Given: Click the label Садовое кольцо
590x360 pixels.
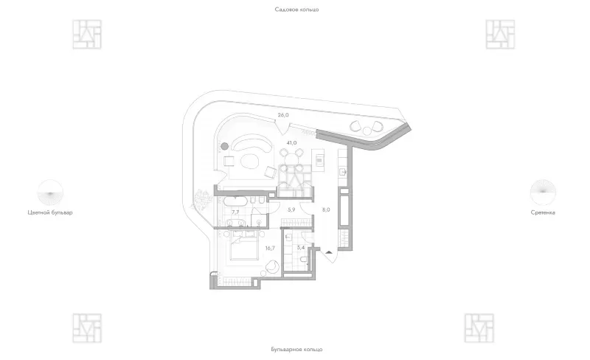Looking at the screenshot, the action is coord(296,10).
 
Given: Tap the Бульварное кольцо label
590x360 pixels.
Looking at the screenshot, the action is coord(296,350).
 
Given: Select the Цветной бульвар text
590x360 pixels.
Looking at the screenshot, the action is coord(50,212).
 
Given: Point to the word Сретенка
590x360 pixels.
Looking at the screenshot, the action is coord(543,212).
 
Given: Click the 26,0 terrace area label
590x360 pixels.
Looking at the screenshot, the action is coord(283,115).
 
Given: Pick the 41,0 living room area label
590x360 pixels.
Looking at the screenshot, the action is coord(291,143).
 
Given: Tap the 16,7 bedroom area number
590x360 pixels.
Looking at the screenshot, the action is coord(270,248).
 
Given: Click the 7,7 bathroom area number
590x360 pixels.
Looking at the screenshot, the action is coord(235,212).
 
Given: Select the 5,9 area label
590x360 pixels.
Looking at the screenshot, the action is coord(291,210).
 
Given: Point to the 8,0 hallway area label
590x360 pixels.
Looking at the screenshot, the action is coord(326,210).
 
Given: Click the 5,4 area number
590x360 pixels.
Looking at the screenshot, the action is coord(300,248).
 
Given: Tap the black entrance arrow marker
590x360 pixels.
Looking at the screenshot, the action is coord(329,252).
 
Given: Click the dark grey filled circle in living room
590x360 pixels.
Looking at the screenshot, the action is coord(225,146).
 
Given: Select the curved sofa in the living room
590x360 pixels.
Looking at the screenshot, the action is coord(252,143).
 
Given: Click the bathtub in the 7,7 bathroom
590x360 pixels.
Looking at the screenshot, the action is coord(235,201).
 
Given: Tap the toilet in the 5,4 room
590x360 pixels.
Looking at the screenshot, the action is coord(304,260).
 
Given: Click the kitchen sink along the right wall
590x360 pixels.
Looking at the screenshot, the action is coord(343,172).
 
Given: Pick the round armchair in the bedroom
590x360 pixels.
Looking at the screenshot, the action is coord(271,266).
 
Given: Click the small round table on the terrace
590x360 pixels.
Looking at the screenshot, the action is coord(367,131).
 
